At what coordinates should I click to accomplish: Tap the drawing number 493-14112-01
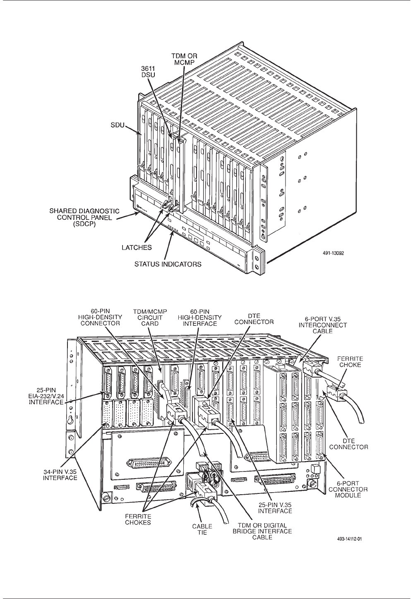click(352, 539)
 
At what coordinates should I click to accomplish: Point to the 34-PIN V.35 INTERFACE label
click(60, 474)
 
